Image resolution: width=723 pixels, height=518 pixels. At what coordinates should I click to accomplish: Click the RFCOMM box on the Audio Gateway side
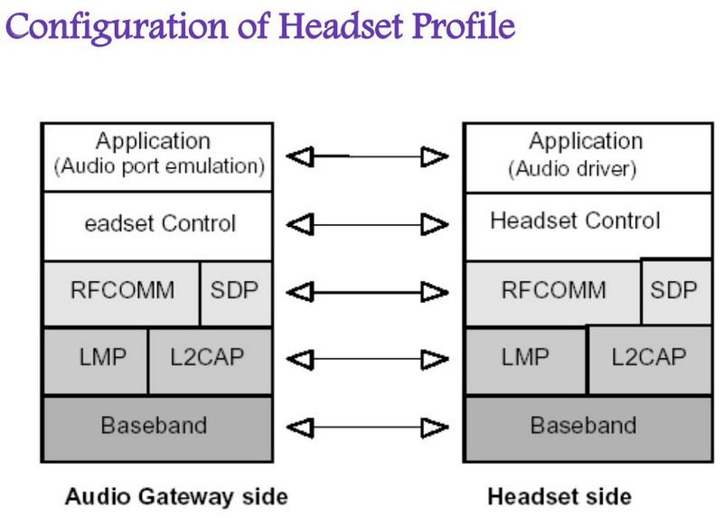tap(122, 291)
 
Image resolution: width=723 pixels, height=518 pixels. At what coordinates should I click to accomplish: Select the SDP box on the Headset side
tap(673, 291)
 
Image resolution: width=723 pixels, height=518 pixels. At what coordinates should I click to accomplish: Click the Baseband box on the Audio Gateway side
tap(156, 424)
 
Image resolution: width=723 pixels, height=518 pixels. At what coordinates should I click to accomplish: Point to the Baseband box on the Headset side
tap(583, 424)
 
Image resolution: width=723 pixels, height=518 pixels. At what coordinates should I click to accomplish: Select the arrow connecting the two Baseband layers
tap(368, 424)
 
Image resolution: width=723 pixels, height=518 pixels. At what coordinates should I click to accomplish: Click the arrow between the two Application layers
tap(368, 157)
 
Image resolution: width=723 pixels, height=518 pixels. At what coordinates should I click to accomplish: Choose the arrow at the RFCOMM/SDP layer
tap(368, 291)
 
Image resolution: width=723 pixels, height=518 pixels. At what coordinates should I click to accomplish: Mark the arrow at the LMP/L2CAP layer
tap(368, 358)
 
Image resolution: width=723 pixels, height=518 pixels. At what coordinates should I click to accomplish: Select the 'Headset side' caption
tap(559, 496)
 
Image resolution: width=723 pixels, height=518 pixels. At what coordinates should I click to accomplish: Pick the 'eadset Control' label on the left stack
tap(159, 223)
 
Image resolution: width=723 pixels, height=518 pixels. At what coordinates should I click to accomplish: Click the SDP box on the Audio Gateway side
tap(234, 291)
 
